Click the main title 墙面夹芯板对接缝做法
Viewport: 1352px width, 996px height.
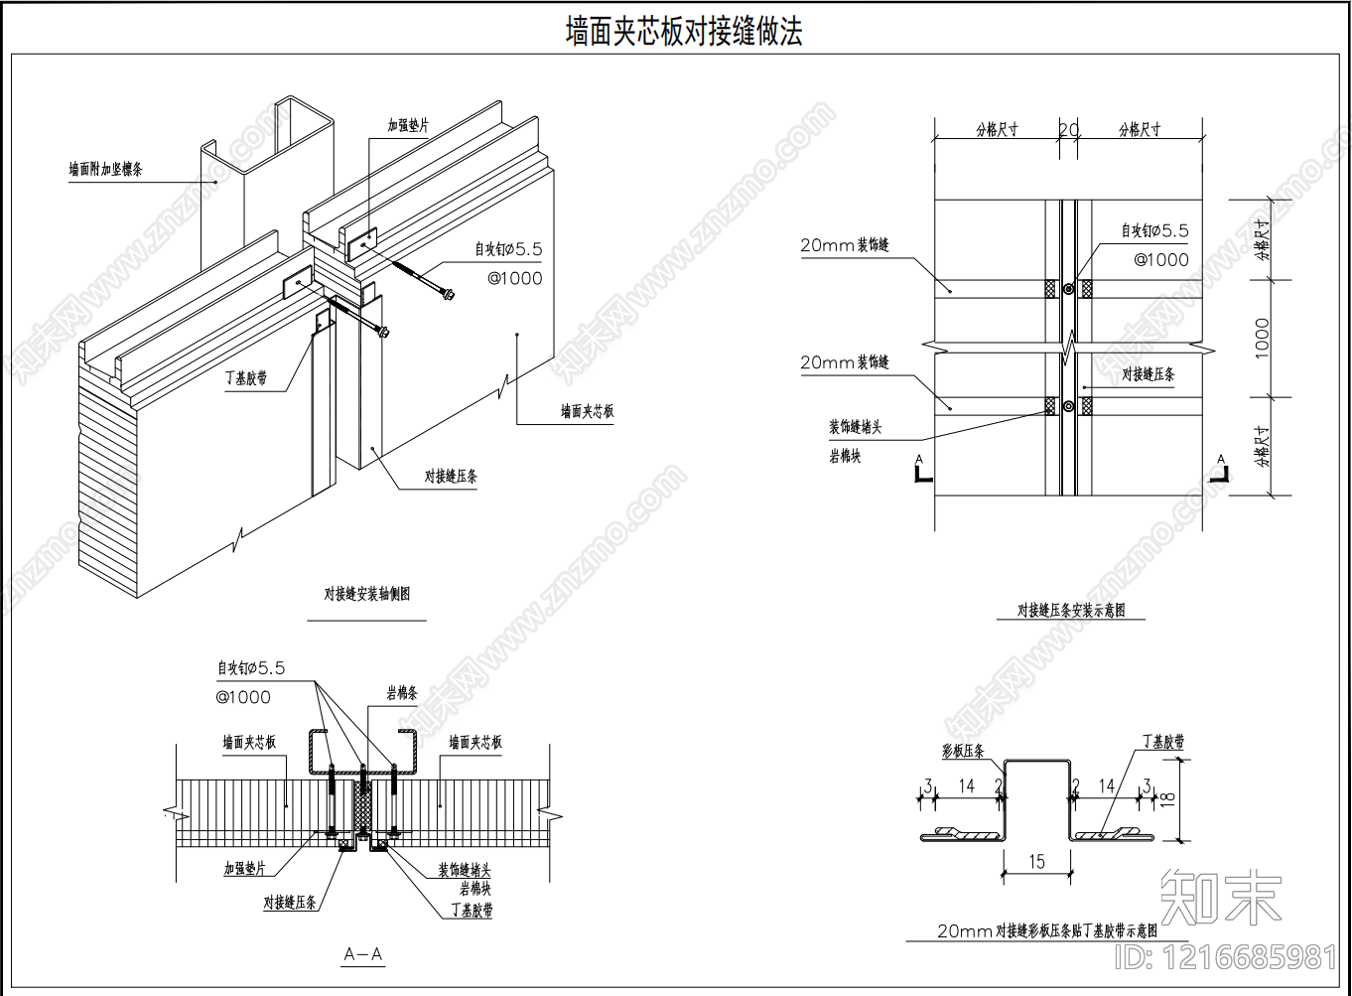pos(683,32)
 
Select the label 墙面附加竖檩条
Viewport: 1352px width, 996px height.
pos(105,170)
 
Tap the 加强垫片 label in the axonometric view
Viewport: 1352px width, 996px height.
pos(408,126)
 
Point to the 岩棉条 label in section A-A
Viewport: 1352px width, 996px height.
pos(402,693)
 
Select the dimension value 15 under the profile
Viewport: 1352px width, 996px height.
pos(1036,862)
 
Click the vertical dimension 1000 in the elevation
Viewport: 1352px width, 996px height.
pos(1262,338)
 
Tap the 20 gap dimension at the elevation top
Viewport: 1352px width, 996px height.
pos(1068,130)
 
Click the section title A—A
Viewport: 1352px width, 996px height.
pos(363,955)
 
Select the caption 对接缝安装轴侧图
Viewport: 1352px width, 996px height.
pos(366,595)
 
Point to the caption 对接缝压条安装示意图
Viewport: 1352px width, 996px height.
pos(1071,611)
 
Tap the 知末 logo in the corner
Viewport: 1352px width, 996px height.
pos(1221,896)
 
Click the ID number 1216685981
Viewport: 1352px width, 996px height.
pos(1227,957)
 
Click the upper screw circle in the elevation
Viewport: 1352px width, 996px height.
pos(1068,289)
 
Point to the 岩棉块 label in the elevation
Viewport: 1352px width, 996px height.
pos(846,457)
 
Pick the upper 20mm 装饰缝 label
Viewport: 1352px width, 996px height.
pos(845,245)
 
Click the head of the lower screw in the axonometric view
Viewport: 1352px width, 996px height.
pos(384,331)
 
